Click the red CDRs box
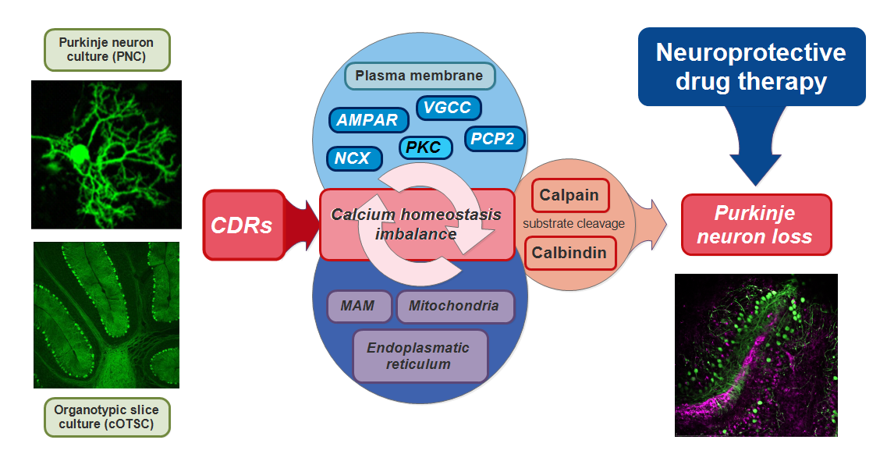tap(242, 225)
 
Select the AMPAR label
tap(367, 120)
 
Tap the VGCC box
tap(448, 108)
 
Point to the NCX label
tap(353, 158)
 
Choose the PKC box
tap(425, 147)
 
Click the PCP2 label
tap(495, 139)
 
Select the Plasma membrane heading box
tap(420, 76)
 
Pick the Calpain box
tap(569, 196)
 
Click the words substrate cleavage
tap(573, 224)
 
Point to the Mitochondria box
tap(455, 307)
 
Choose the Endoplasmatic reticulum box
tap(420, 356)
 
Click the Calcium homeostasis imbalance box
tap(417, 225)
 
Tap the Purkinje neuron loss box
tap(755, 225)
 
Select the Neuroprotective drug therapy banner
tap(751, 66)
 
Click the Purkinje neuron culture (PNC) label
tap(106, 49)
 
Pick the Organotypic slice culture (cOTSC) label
tap(106, 417)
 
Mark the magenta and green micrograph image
tap(756, 356)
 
